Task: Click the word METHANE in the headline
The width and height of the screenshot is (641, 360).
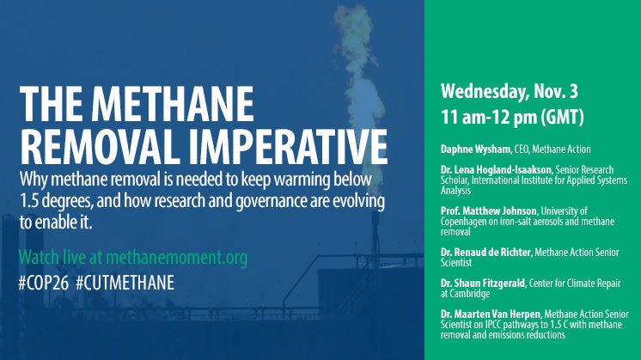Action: click(173, 104)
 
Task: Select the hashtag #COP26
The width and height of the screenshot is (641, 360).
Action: click(43, 283)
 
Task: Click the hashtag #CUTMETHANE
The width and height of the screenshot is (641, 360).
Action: click(125, 283)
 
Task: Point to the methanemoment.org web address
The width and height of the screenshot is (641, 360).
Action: click(177, 258)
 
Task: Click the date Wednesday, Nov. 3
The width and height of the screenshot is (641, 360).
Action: click(510, 92)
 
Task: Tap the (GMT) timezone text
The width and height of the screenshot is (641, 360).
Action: click(562, 117)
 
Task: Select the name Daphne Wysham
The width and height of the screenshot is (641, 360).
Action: click(475, 149)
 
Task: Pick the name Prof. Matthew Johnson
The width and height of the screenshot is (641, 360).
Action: click(489, 211)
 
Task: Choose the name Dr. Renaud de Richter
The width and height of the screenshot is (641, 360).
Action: click(485, 252)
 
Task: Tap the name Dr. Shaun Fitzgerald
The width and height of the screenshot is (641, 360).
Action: click(483, 283)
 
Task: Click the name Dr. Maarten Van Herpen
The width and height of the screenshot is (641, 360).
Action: click(491, 314)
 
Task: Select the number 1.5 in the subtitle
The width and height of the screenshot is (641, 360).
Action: click(29, 201)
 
